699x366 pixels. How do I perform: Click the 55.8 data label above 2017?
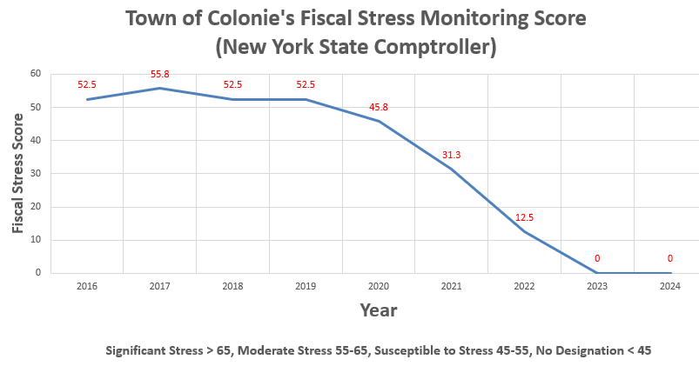click(159, 75)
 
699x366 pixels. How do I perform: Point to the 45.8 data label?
click(379, 108)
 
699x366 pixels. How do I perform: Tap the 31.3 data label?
click(451, 155)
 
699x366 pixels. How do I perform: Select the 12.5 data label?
click(524, 217)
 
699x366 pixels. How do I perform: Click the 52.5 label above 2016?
click(86, 84)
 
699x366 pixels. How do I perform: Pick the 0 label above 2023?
click(597, 258)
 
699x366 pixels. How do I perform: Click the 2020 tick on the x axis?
click(379, 286)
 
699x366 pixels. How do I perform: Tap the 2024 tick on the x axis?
click(670, 286)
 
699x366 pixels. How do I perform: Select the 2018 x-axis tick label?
click(232, 286)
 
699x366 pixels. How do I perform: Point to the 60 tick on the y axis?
click(36, 74)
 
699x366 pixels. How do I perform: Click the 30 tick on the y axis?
click(36, 173)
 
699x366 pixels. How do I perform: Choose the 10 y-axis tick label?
click(36, 240)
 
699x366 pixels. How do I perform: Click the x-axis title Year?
click(379, 309)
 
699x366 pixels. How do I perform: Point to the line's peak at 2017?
click(159, 88)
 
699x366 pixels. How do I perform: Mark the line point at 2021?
click(451, 169)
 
